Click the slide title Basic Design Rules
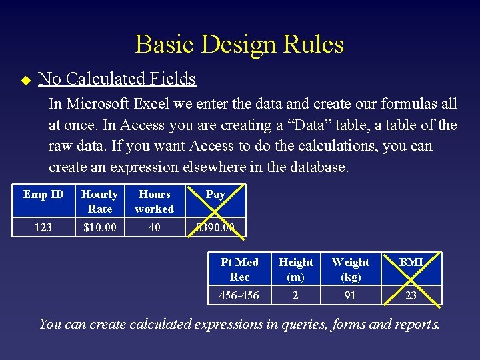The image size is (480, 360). pyautogui.click(x=239, y=44)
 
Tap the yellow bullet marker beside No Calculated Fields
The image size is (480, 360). pyautogui.click(x=25, y=80)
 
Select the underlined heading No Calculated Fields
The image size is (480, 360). pyautogui.click(x=117, y=79)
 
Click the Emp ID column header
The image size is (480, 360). pyautogui.click(x=43, y=195)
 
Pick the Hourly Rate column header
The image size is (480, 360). pyautogui.click(x=99, y=201)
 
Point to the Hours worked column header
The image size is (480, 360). pyautogui.click(x=155, y=201)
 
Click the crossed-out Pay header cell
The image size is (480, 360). pyautogui.click(x=215, y=195)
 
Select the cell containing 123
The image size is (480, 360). pyautogui.click(x=43, y=227)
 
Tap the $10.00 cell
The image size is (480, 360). pyautogui.click(x=99, y=227)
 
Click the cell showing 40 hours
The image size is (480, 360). pyautogui.click(x=155, y=227)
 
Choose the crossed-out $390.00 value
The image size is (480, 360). pyautogui.click(x=215, y=227)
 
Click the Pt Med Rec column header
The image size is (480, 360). pyautogui.click(x=239, y=269)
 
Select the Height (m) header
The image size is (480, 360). pyautogui.click(x=296, y=269)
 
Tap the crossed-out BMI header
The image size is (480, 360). pyautogui.click(x=411, y=263)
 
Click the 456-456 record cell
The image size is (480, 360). pyautogui.click(x=239, y=295)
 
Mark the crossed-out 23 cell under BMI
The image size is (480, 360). pyautogui.click(x=411, y=295)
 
